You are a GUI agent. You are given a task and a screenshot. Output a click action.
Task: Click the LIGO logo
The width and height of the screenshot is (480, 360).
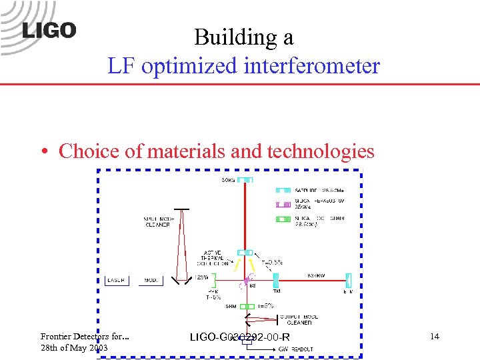coord(49,30)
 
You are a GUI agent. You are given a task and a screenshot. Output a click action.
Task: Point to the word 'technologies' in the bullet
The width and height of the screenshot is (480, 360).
coord(321,151)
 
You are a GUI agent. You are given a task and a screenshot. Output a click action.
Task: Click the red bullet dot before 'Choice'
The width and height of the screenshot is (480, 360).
coord(43,152)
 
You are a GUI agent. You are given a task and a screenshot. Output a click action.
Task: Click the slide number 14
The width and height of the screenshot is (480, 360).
coord(435,337)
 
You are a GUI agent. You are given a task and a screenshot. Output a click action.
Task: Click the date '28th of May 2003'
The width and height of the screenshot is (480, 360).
coord(74,348)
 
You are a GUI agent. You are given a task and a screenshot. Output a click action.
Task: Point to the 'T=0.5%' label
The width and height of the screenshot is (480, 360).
coord(271,263)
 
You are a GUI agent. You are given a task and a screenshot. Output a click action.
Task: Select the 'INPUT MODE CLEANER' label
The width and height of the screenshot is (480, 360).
coord(156,221)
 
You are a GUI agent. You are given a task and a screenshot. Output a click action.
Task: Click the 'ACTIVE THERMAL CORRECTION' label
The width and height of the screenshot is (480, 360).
coord(214,258)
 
